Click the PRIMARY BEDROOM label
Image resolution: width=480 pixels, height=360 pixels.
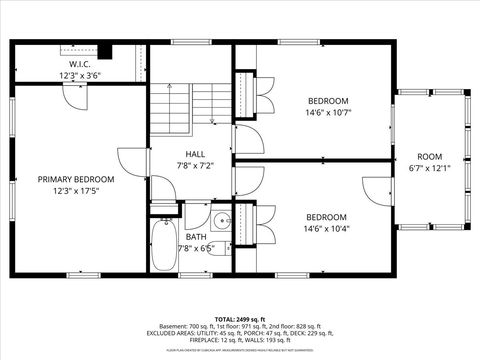[x=76, y=179]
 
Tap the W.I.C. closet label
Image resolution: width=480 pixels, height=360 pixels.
[x=80, y=63]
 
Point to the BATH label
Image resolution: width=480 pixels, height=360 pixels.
[x=195, y=237]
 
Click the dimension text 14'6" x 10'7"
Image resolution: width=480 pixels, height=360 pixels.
[x=327, y=112]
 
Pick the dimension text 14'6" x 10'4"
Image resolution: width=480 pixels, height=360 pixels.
[x=327, y=228]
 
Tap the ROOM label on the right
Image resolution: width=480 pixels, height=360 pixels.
[x=429, y=157]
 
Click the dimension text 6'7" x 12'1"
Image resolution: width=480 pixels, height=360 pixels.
[x=429, y=168]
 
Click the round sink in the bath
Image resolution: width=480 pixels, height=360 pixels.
[x=220, y=221]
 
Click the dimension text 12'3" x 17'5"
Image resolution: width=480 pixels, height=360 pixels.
[x=76, y=191]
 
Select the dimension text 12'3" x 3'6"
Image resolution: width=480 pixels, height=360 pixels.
[x=80, y=75]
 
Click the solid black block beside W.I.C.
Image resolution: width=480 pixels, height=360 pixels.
[x=106, y=53]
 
